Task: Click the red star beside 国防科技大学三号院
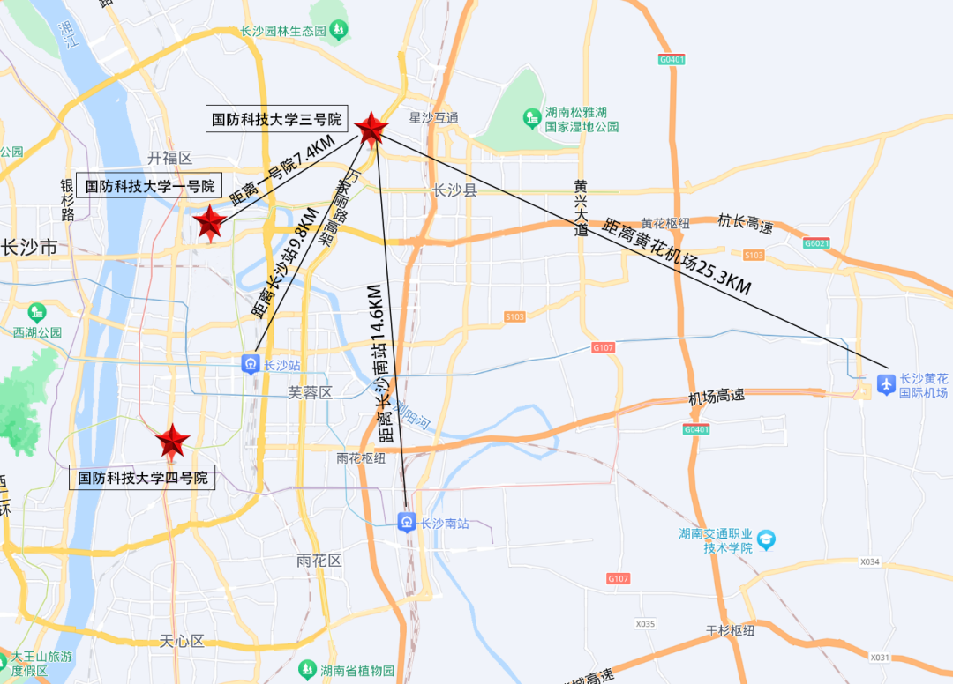point(371,129)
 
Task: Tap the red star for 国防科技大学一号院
point(210,223)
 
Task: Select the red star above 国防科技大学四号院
point(172,441)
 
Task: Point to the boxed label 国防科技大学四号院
point(143,478)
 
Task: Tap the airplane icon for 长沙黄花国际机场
point(886,383)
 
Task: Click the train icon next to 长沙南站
point(407,523)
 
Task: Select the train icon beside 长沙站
point(251,363)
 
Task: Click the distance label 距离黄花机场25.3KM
point(677,256)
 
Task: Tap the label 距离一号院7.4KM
point(282,173)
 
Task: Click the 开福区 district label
point(169,158)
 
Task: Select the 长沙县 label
point(455,190)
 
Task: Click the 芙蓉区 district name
point(311,392)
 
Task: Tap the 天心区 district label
point(182,641)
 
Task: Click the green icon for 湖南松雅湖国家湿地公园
point(531,116)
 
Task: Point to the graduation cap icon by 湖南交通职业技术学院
point(766,538)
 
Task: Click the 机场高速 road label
point(717,397)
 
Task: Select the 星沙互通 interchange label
point(434,117)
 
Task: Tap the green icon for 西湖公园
point(37,313)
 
